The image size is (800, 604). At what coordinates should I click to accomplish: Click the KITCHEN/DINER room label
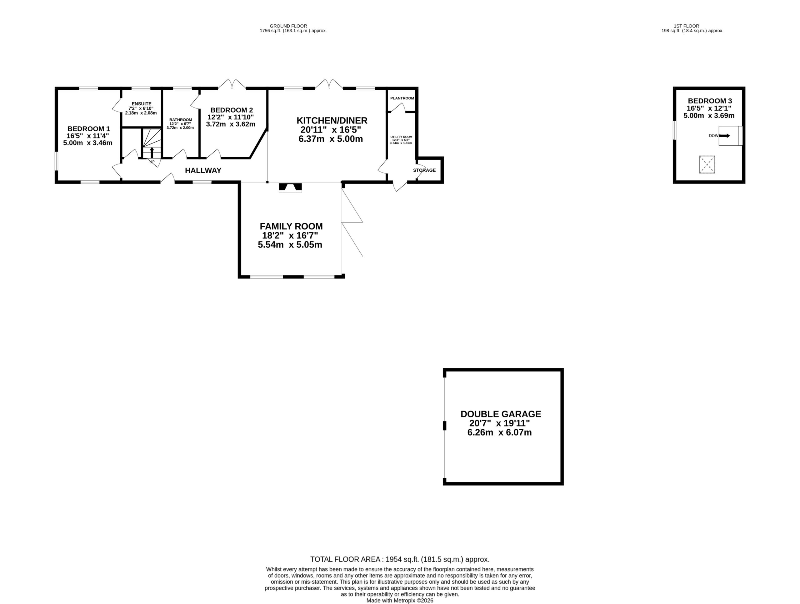tap(332, 120)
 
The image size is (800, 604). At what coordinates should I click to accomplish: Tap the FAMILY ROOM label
tap(291, 226)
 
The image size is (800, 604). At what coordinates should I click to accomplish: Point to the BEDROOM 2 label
tap(232, 110)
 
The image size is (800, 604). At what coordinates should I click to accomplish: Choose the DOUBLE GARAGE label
tap(501, 414)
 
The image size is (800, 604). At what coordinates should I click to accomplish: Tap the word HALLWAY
tap(203, 170)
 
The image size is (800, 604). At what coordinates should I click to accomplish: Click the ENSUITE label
tap(142, 104)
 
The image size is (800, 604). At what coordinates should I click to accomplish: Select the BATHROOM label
tap(181, 120)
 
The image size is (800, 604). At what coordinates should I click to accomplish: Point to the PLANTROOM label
tap(402, 98)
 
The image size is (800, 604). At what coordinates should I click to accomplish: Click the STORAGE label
tap(424, 170)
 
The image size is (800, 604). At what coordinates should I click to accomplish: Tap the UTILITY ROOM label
tap(401, 137)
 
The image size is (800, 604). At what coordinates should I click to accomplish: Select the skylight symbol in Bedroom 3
tap(707, 165)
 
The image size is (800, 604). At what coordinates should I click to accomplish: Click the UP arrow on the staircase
tap(152, 152)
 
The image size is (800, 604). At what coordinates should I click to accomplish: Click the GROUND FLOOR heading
tap(288, 26)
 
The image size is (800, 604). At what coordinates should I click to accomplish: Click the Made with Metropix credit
tap(400, 600)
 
